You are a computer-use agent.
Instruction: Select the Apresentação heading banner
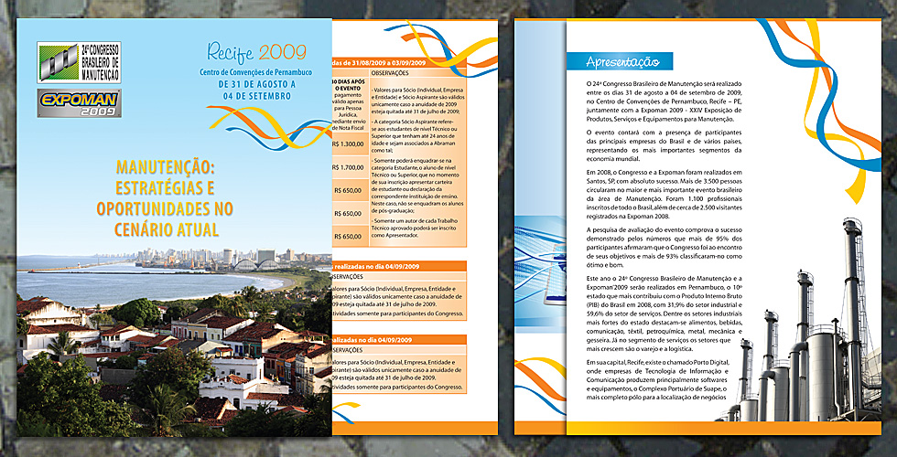click(x=623, y=62)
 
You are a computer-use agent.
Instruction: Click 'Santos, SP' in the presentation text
click(x=606, y=182)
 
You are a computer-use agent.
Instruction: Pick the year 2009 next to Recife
click(x=283, y=51)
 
